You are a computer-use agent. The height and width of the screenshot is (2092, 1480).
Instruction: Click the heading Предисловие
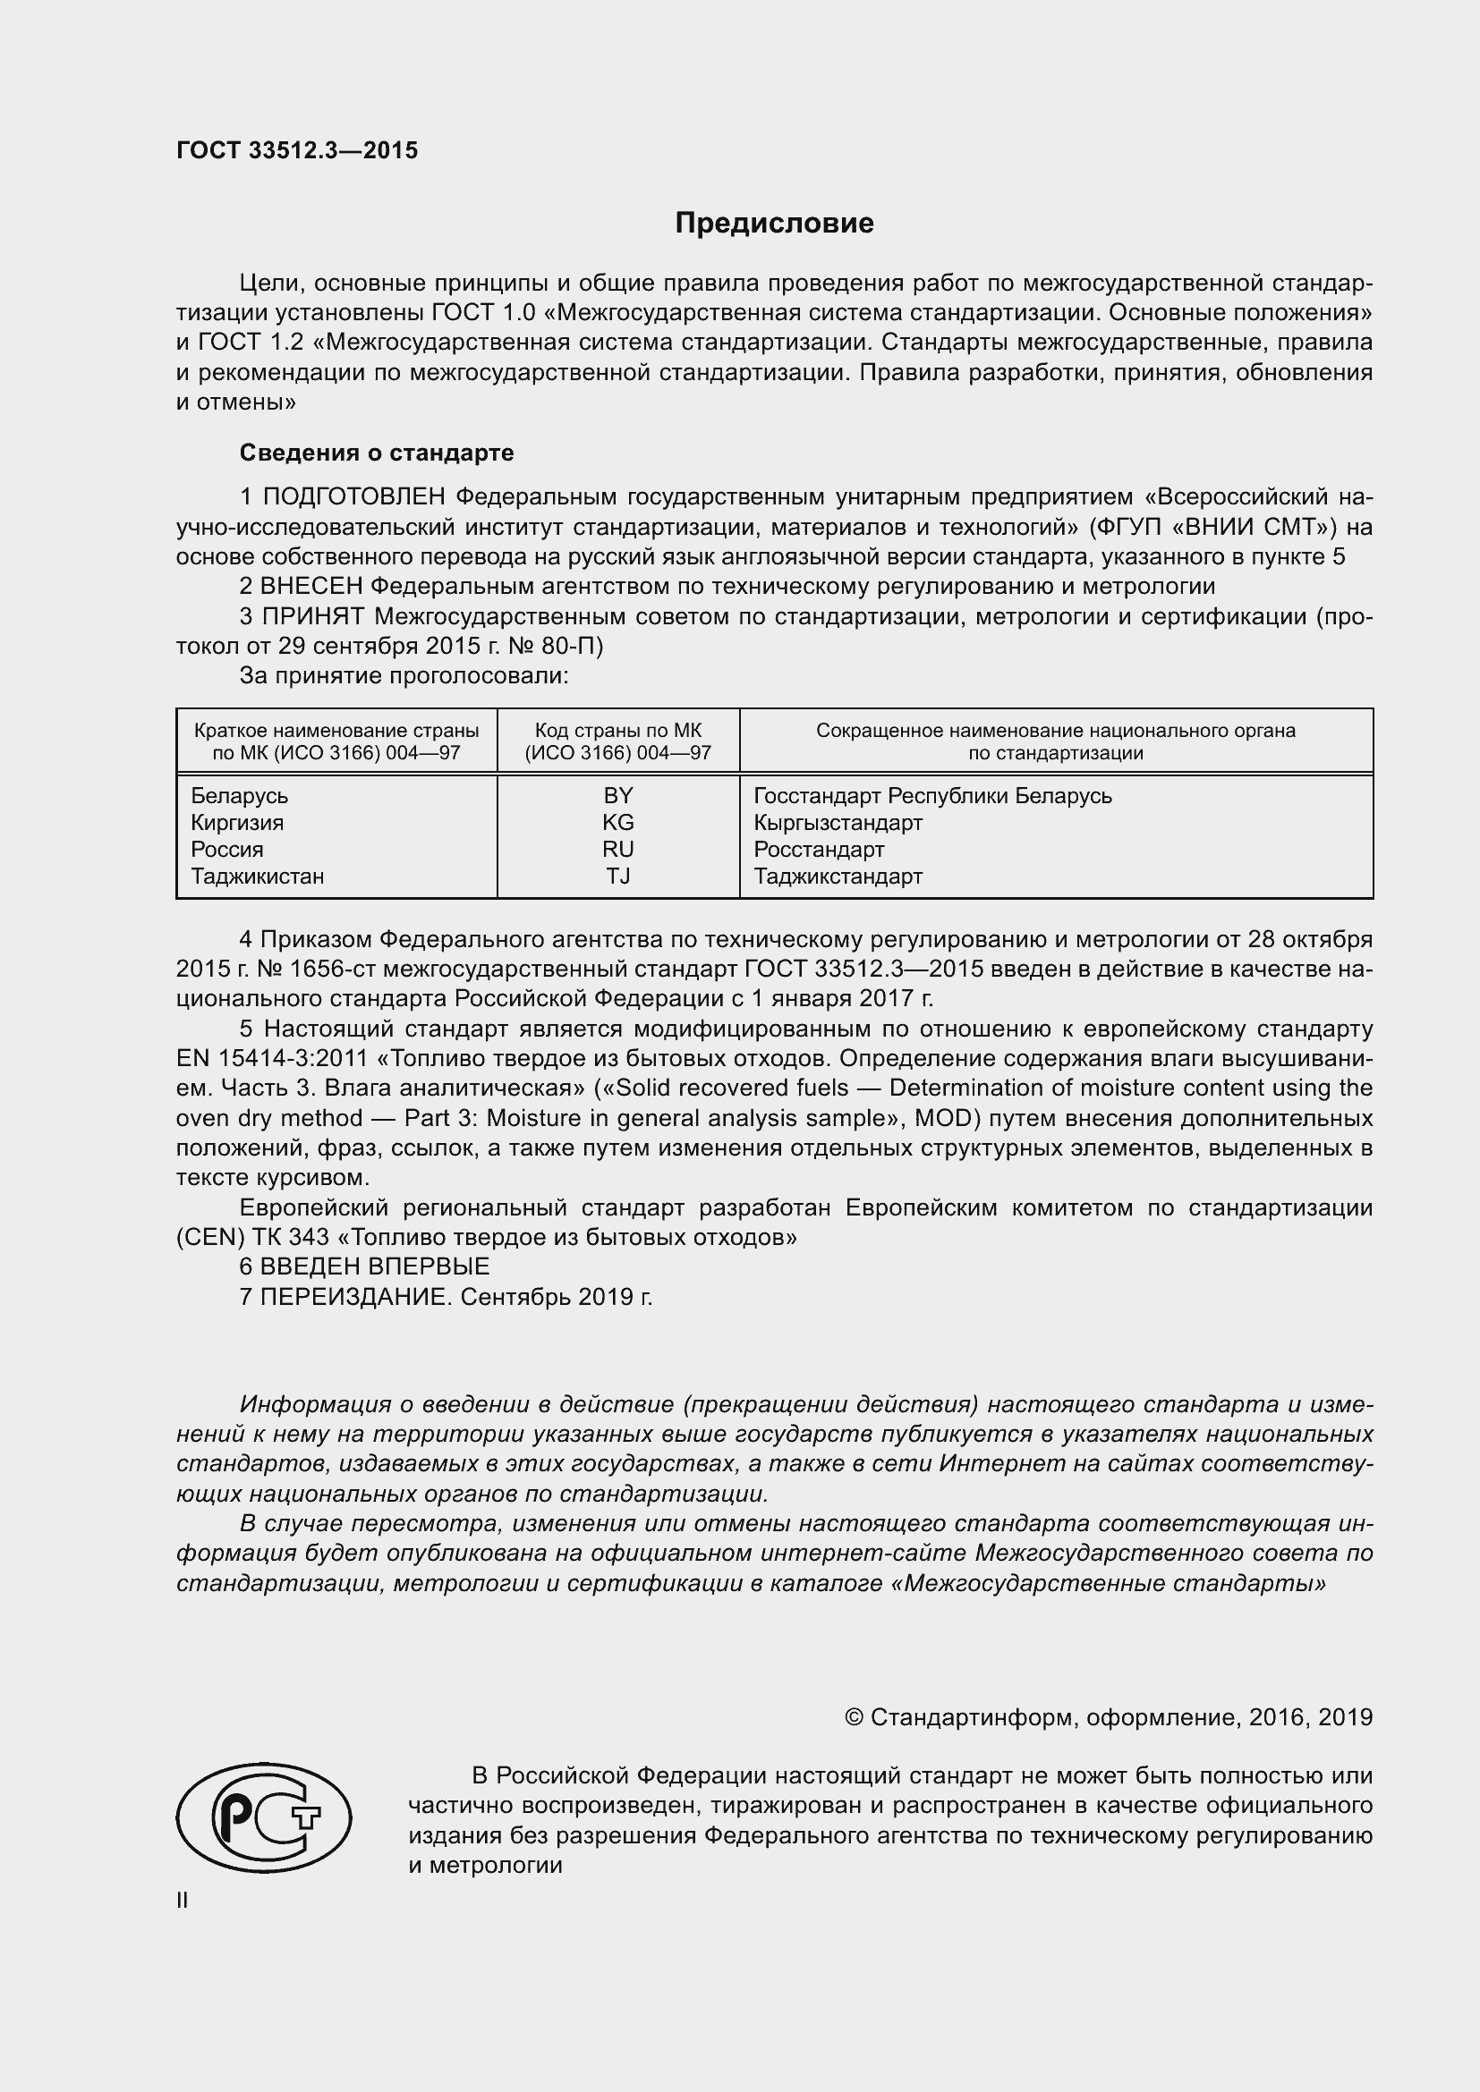tap(774, 224)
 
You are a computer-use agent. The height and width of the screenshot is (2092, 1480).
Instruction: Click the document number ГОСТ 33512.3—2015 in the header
tap(297, 150)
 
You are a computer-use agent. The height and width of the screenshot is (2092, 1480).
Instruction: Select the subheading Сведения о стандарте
tap(377, 453)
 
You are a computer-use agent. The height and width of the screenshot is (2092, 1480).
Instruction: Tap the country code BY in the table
tap(618, 795)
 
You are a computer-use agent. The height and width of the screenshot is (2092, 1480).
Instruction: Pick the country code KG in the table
tap(618, 823)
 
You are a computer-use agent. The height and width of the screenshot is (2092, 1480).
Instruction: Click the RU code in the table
tap(618, 849)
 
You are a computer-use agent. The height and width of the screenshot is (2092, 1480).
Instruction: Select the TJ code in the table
tap(618, 877)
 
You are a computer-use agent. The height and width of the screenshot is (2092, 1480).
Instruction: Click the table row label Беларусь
tap(240, 795)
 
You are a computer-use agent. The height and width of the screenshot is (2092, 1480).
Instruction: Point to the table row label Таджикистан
tap(257, 877)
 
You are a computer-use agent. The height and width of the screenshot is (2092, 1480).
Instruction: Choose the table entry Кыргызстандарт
tap(838, 823)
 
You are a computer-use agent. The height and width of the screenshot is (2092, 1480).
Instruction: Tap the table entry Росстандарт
tap(819, 849)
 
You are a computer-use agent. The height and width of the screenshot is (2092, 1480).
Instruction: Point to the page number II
tap(183, 1901)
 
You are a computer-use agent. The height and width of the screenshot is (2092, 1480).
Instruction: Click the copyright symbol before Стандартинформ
tap(854, 1717)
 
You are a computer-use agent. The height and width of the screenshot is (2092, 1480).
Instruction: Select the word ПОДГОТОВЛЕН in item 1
tap(354, 496)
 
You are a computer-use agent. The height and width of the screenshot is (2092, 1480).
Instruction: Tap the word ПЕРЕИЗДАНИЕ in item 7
tap(355, 1297)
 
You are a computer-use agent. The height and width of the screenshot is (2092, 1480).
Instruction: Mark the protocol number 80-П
tap(577, 646)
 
